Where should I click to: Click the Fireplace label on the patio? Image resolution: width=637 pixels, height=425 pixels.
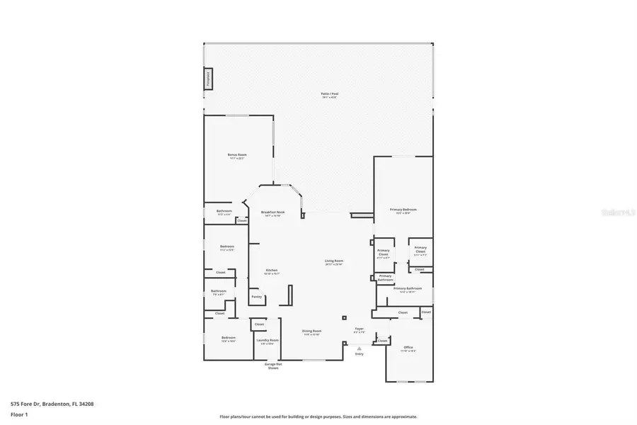coord(208,79)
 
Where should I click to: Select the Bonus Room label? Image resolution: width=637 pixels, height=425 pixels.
coord(237,156)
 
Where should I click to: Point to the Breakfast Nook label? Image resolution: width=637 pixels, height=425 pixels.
coord(272,213)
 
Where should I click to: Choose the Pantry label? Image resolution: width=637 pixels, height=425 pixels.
coord(256,297)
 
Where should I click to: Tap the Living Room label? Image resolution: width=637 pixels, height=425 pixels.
coord(334,262)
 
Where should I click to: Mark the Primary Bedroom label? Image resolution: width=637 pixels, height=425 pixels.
coord(403,210)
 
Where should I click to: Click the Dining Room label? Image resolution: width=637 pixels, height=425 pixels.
coord(312,332)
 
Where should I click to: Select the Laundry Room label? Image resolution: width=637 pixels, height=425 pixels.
coord(268,341)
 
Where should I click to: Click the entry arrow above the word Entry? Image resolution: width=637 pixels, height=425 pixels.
coord(359,348)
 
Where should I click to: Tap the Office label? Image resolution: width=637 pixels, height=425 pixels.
coord(408,348)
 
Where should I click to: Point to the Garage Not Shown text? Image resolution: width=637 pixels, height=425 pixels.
coord(272,365)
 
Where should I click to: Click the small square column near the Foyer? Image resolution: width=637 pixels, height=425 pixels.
coord(344,317)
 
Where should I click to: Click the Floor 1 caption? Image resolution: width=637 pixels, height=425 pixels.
coord(20,415)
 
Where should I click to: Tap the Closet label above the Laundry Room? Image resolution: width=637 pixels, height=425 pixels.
coord(259,324)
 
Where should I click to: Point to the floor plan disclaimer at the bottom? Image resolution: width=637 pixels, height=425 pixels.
coord(318,416)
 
